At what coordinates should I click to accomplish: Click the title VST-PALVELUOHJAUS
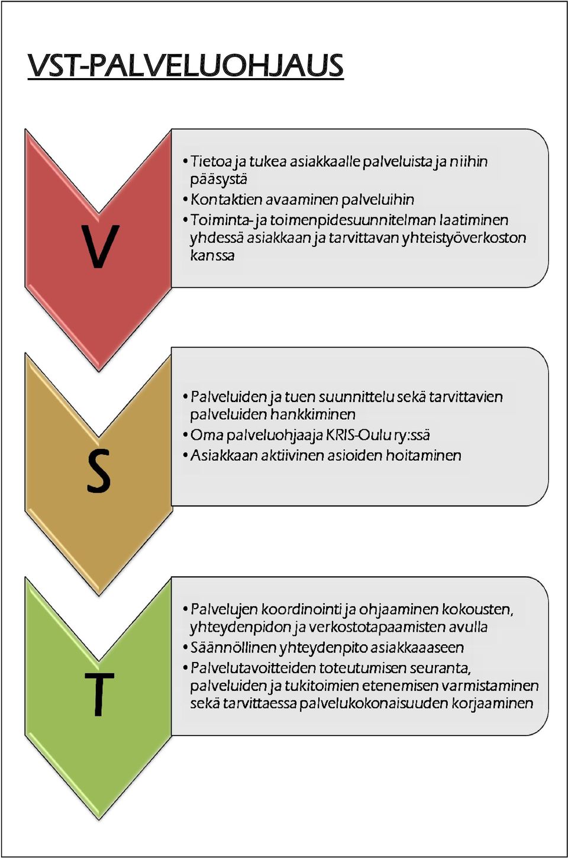point(186,66)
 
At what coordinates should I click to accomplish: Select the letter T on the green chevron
point(99,695)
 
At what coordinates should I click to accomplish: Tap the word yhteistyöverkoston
point(464,238)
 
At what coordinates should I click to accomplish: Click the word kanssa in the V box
point(212,255)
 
